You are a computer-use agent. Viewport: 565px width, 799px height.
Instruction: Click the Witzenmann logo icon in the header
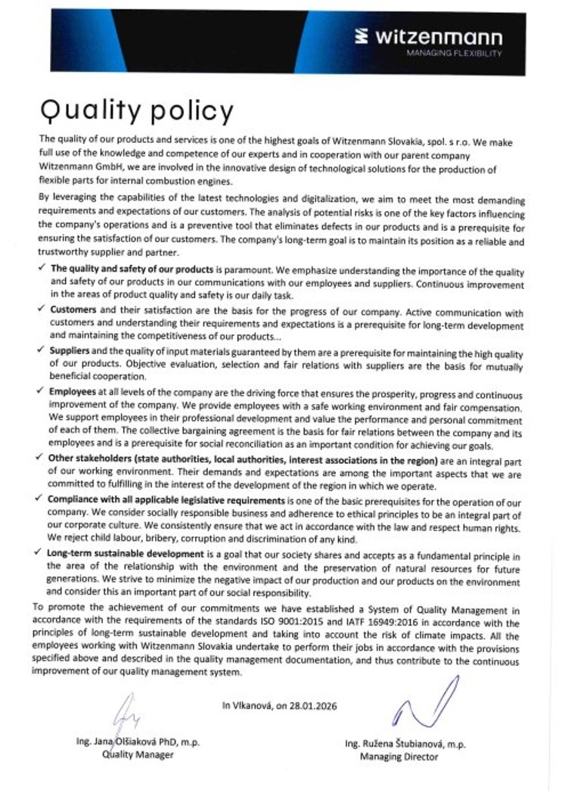coord(362,36)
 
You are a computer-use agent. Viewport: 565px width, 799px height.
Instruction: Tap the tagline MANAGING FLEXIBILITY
coord(454,54)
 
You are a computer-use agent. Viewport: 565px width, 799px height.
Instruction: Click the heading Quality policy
coord(137,111)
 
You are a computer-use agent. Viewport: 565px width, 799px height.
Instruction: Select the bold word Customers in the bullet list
coord(73,310)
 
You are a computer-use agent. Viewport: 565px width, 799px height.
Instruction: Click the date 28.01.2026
coord(312,706)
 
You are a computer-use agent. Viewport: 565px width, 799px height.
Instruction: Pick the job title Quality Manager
coord(138,754)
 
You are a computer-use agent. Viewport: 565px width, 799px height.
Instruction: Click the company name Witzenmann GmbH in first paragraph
coord(76,169)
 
